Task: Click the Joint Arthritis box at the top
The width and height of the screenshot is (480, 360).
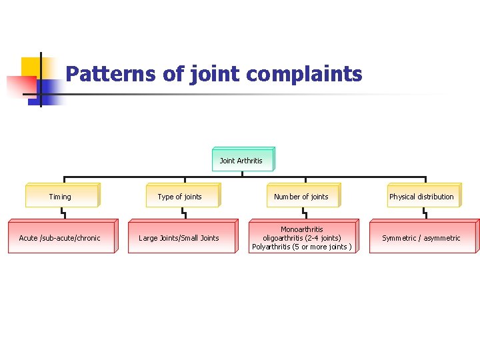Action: (241, 161)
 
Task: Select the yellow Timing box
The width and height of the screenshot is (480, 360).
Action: (61, 197)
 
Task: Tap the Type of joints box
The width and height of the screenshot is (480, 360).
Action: (181, 197)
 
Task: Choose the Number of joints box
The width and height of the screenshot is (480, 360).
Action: (302, 197)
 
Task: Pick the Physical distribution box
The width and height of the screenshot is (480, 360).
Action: (422, 197)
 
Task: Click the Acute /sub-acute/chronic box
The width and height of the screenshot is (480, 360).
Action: (61, 238)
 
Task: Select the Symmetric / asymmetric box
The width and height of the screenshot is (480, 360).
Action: (421, 238)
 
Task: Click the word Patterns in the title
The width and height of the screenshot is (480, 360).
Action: (112, 73)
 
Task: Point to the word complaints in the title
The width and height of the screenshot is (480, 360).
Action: (304, 75)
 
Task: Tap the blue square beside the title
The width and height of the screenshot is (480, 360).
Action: (50, 89)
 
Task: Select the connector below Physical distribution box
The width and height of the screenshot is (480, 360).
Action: (425, 213)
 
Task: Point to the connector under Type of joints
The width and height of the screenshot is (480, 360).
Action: (183, 213)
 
